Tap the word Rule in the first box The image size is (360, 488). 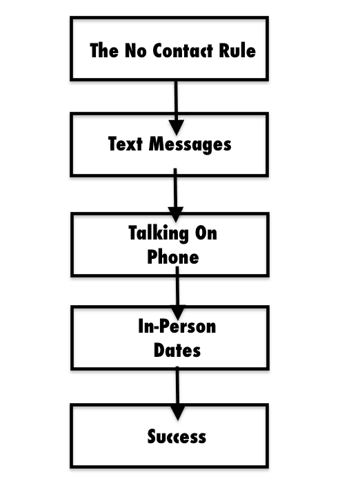click(237, 50)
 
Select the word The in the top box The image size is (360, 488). click(104, 50)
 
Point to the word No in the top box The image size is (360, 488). click(136, 50)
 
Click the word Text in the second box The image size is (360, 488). click(126, 144)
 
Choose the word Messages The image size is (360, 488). click(190, 145)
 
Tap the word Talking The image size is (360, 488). click(158, 233)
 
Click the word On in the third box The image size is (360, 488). click(206, 233)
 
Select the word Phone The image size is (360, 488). click(173, 257)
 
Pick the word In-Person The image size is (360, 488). click(177, 326)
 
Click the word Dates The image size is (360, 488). click(177, 350)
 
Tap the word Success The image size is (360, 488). click(177, 436)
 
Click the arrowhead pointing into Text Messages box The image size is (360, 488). click(177, 127)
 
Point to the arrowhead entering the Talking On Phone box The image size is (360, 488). click(176, 215)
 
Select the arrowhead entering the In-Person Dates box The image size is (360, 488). click(178, 313)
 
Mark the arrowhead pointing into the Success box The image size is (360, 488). click(178, 413)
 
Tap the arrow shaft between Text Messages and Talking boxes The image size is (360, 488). click(175, 188)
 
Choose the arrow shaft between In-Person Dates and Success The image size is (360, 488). click(177, 387)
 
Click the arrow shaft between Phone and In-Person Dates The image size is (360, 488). click(177, 286)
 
